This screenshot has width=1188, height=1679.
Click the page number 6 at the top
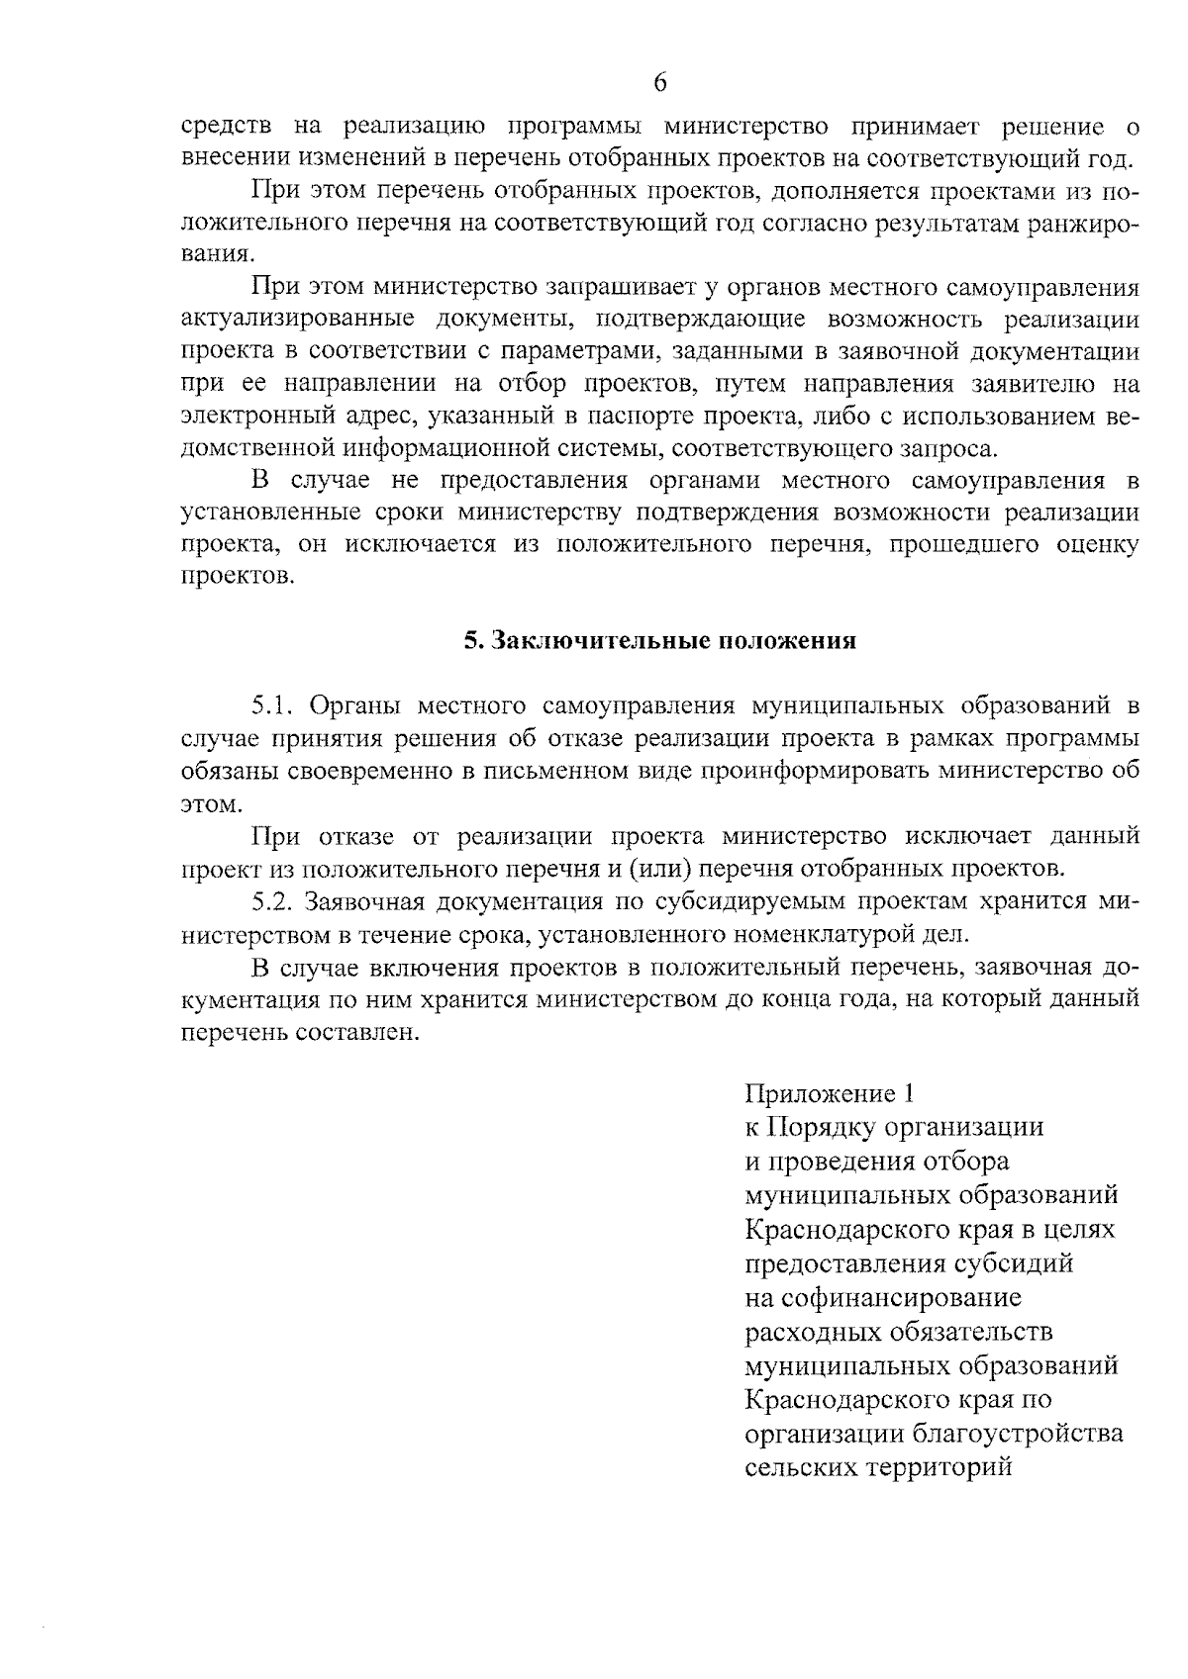[x=660, y=83]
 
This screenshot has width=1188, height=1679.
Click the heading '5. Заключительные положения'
[x=660, y=641]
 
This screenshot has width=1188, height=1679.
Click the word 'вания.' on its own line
[x=212, y=255]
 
